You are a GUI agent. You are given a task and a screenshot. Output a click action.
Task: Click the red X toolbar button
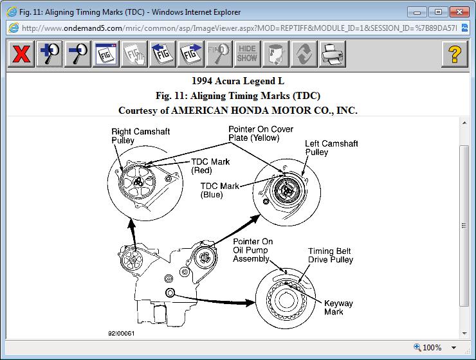coord(21,54)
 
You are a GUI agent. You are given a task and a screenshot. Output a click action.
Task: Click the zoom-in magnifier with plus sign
coord(49,54)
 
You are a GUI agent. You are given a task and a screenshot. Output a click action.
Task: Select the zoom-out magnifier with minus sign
coord(77,54)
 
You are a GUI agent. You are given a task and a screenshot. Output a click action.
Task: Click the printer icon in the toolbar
coord(332,54)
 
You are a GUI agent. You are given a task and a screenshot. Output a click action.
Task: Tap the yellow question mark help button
coord(454,54)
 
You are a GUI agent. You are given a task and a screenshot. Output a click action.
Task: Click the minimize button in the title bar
coord(419,12)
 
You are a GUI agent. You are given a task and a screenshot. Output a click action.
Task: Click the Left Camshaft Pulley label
coord(331,148)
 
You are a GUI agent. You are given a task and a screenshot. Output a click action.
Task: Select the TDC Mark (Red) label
coord(210,166)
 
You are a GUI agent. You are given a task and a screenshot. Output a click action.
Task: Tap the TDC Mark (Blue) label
coord(220,190)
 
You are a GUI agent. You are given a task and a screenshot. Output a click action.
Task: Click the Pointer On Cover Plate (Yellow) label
coord(261,133)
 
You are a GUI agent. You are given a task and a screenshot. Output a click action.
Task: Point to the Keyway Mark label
coord(338,307)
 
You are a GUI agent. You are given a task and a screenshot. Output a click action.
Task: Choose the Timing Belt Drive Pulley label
coord(330,256)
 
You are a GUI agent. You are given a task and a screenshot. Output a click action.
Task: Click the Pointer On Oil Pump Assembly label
coord(253,250)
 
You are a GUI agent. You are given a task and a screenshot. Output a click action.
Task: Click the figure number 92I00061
coord(122,334)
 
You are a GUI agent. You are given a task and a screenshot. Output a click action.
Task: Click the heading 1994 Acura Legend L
coord(238,81)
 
